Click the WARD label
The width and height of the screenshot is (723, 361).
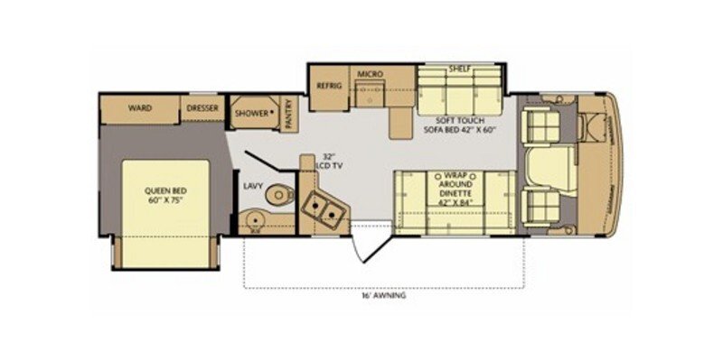click(139, 107)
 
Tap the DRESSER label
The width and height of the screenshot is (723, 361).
click(202, 107)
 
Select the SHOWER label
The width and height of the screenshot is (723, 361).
click(252, 114)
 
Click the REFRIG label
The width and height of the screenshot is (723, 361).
click(326, 86)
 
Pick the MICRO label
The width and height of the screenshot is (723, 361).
click(371, 73)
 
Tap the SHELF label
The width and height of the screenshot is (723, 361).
click(460, 68)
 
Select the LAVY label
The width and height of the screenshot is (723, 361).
click(253, 187)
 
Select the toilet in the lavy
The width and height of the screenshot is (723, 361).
click(281, 191)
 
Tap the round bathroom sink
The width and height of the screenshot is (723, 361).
click(254, 218)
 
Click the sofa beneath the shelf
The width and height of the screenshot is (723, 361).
click(460, 91)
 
